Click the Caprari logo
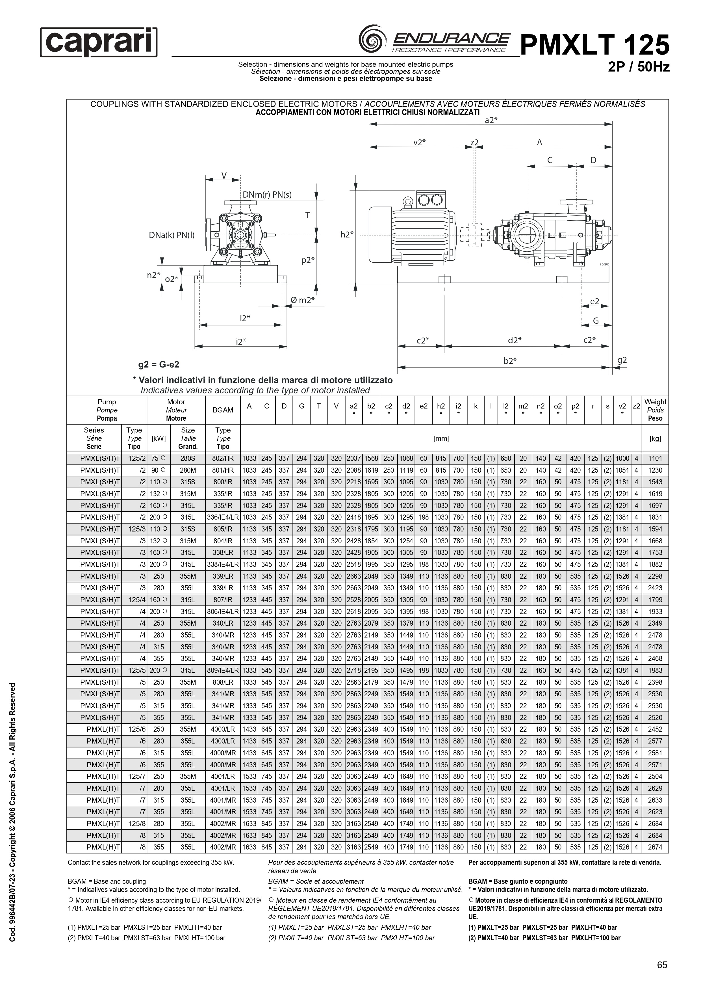pos(99,42)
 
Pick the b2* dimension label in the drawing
pos(510,360)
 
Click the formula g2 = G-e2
pos(159,365)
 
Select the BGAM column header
pos(223,410)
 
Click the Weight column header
pos(655,410)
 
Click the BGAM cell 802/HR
pos(223,459)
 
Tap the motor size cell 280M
pos(188,470)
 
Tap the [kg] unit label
pos(655,438)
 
